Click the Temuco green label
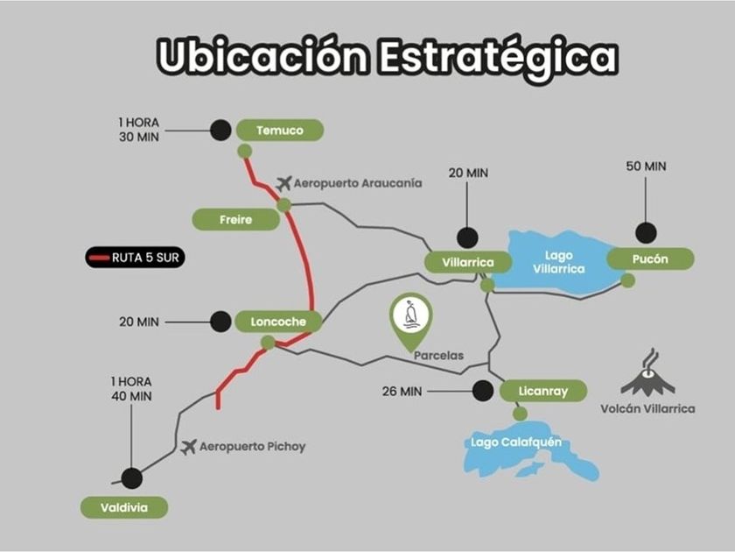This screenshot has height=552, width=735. click(280, 131)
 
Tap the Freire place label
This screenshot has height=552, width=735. click(236, 220)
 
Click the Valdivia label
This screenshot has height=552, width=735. click(123, 507)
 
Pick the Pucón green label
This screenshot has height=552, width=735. click(650, 259)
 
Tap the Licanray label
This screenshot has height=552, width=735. click(543, 391)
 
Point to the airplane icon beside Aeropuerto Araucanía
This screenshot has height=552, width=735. click(283, 183)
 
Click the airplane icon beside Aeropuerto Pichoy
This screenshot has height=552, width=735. click(188, 447)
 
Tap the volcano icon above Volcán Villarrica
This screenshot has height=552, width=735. click(648, 375)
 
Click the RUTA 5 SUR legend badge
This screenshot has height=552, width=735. click(135, 258)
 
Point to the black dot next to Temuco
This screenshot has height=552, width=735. click(220, 131)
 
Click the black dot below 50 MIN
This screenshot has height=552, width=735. click(646, 233)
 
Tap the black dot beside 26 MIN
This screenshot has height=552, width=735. click(481, 391)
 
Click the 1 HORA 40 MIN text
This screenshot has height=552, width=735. click(131, 389)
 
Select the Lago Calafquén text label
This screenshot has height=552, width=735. click(515, 442)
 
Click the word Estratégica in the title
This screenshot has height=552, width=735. click(498, 56)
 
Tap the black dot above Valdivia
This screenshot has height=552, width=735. click(132, 478)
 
